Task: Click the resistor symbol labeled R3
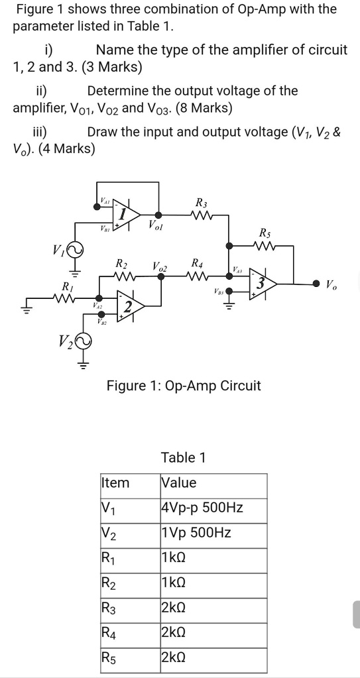pyautogui.click(x=201, y=215)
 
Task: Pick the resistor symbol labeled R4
pyautogui.click(x=198, y=276)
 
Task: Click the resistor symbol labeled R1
pyautogui.click(x=67, y=299)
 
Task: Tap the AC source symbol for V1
pyautogui.click(x=74, y=251)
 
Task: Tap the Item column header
pyautogui.click(x=115, y=483)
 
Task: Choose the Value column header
pyautogui.click(x=179, y=483)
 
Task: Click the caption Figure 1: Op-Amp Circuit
pyautogui.click(x=184, y=386)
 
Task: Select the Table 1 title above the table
pyautogui.click(x=183, y=457)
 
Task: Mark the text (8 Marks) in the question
pyautogui.click(x=199, y=108)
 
